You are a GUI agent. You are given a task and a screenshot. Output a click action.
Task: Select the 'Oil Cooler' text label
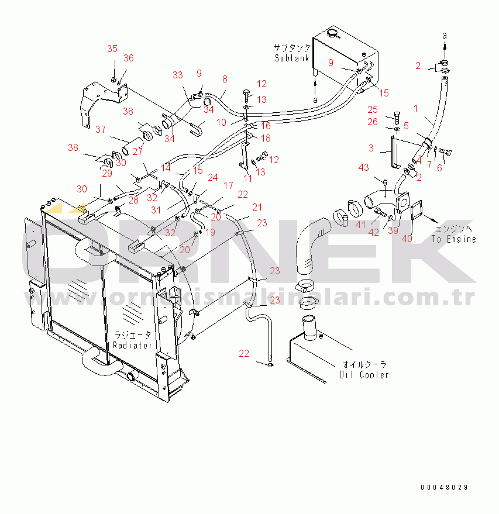(364, 374)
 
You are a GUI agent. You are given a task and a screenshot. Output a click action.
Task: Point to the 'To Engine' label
(453, 239)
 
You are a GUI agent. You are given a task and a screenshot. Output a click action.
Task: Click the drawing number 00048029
(443, 487)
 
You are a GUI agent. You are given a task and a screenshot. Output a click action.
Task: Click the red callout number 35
(112, 49)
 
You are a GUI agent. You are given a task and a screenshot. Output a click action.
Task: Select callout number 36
(129, 58)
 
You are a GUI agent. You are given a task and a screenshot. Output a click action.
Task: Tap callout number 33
(177, 75)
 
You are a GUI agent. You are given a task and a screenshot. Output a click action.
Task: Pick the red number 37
(101, 129)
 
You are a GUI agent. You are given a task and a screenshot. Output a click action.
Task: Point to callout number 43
(364, 168)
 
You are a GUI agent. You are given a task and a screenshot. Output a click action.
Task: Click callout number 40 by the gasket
(407, 238)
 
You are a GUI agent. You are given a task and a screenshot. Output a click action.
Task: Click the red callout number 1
(432, 108)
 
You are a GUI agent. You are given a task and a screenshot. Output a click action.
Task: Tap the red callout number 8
(225, 79)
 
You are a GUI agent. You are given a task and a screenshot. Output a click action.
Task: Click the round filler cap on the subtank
(334, 34)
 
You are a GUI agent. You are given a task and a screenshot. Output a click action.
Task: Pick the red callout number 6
(441, 167)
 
